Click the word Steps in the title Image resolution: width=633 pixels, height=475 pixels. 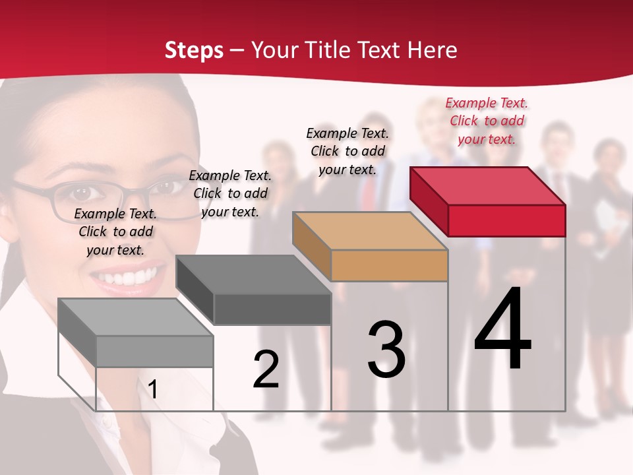(194, 50)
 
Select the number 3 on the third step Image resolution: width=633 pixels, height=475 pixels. (386, 349)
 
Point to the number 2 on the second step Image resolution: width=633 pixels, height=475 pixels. (266, 369)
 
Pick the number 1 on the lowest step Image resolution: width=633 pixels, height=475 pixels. (153, 389)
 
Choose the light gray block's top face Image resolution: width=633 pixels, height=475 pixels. (136, 317)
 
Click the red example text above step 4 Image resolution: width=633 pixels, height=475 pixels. (487, 121)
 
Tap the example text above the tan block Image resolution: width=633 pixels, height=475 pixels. (347, 151)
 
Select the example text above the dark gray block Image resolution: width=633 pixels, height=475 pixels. (230, 193)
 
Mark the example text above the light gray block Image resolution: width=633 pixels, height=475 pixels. (115, 232)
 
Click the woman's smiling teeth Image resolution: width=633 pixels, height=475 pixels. (129, 276)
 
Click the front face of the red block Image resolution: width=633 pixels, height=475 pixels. (506, 220)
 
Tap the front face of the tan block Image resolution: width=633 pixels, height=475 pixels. (389, 266)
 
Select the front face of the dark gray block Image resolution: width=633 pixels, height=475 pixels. (272, 309)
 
